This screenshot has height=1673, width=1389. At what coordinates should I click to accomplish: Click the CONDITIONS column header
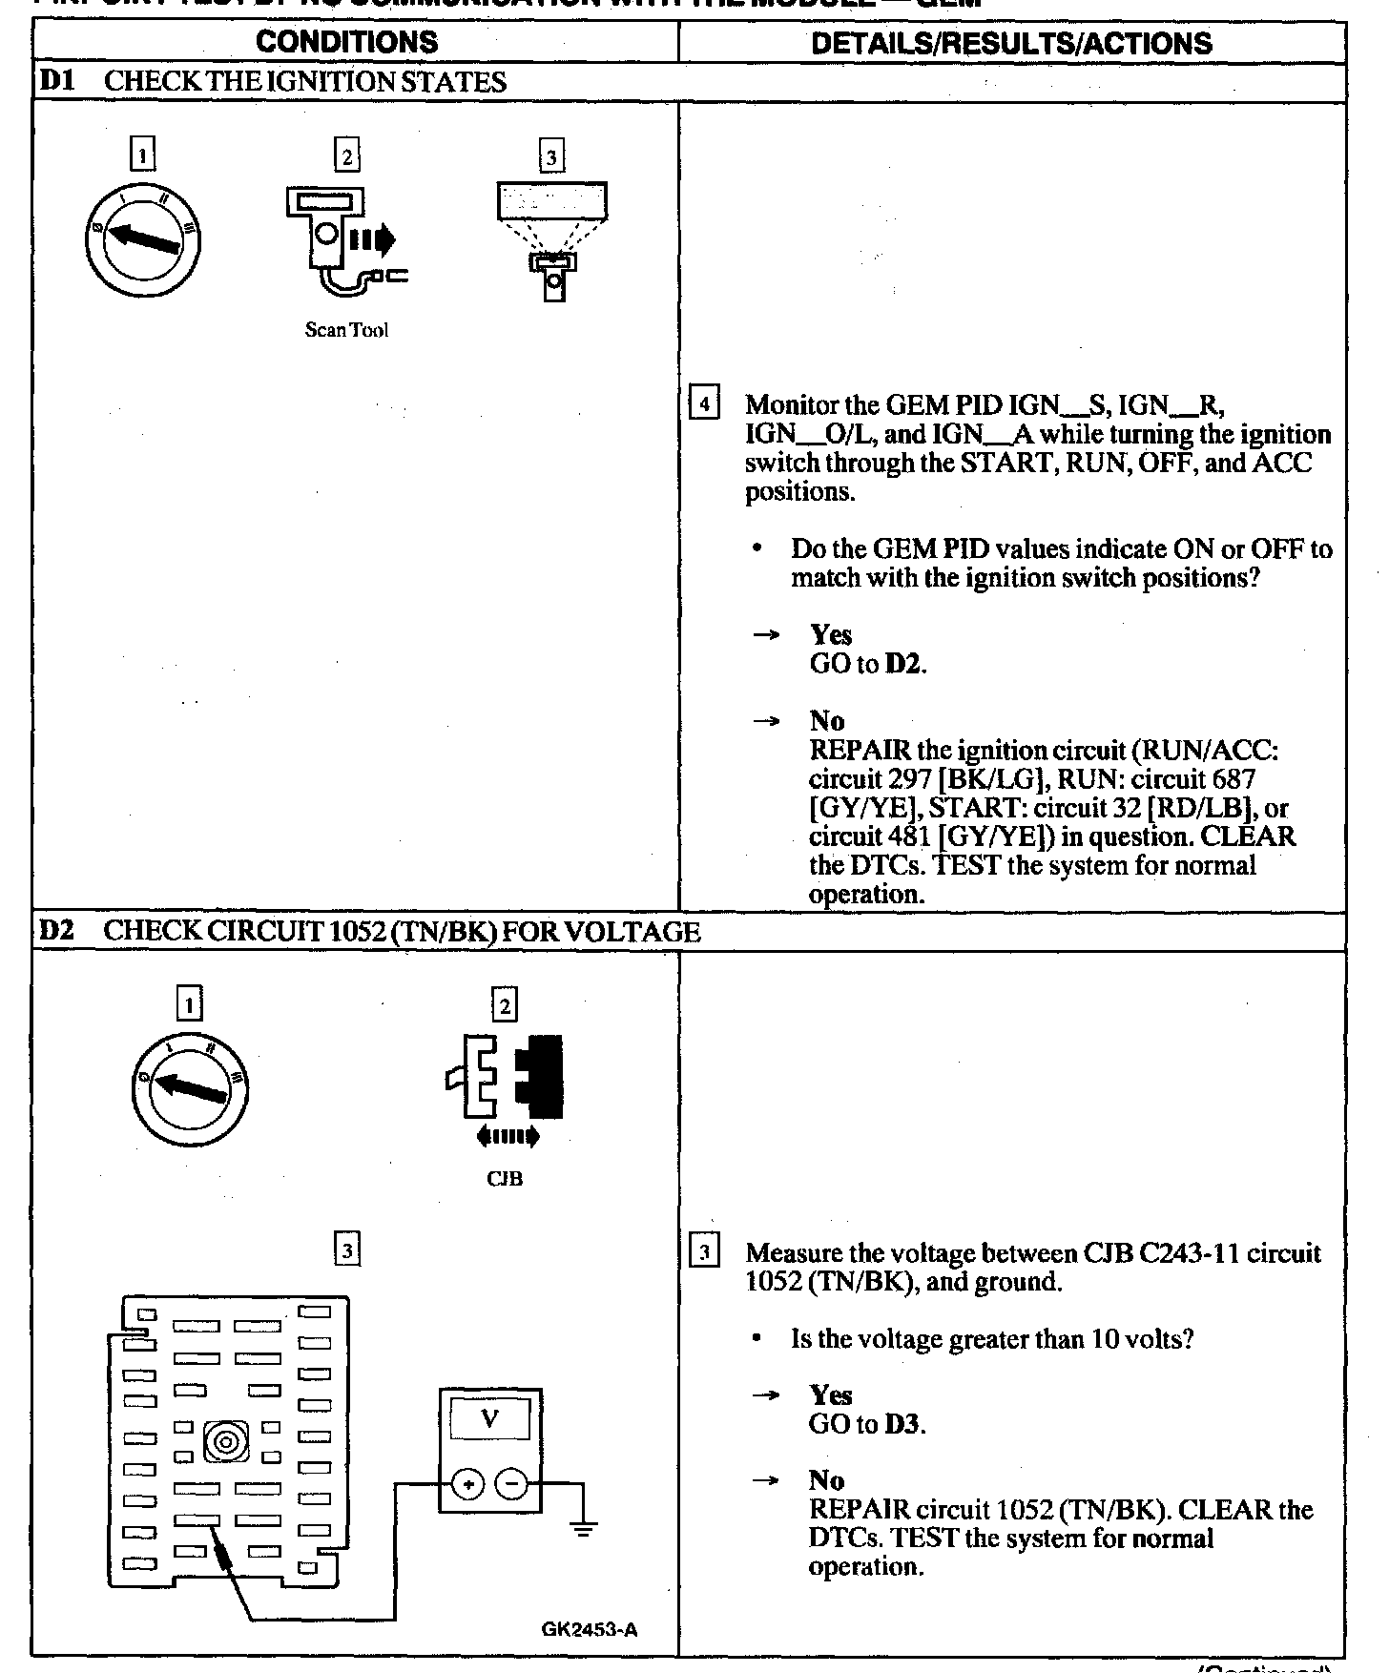click(x=347, y=43)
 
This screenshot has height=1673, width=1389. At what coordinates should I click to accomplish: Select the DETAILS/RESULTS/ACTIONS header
click(x=1011, y=44)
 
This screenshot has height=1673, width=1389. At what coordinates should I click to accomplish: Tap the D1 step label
click(x=56, y=82)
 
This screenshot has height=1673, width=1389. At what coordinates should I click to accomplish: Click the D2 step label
click(x=56, y=932)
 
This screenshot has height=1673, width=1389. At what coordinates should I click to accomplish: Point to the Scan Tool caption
click(x=346, y=331)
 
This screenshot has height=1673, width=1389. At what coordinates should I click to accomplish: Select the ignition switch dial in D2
click(x=190, y=1088)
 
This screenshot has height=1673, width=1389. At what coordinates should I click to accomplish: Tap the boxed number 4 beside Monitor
click(x=704, y=403)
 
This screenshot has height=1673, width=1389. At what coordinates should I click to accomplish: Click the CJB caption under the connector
click(x=504, y=1179)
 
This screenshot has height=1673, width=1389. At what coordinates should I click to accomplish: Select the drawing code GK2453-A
click(x=590, y=1630)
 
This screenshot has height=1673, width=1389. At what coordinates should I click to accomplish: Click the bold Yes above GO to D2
click(x=831, y=635)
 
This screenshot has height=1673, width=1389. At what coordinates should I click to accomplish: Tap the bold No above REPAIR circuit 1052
click(x=826, y=1480)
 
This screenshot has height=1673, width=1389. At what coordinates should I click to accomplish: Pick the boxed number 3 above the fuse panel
click(x=348, y=1250)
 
